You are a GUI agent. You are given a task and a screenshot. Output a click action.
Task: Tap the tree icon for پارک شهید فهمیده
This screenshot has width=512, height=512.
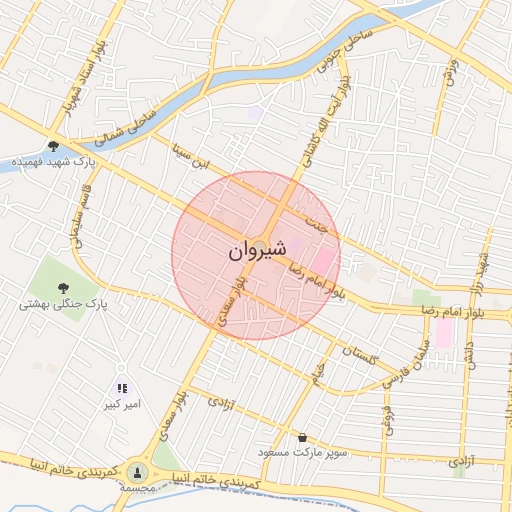coord(52,146)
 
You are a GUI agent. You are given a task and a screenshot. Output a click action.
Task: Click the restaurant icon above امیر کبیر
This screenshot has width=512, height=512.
coord(122,388)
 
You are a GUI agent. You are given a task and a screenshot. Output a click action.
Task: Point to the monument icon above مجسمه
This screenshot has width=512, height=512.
coord(138,471)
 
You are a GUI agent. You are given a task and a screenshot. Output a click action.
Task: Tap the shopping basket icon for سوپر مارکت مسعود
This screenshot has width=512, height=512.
coord(302,437)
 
